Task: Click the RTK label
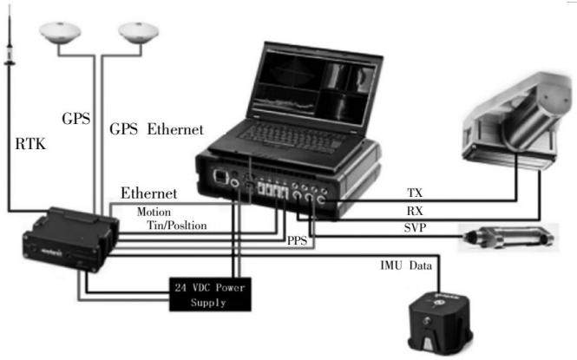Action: click(x=30, y=144)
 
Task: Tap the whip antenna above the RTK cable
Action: click(x=10, y=36)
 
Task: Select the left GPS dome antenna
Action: click(x=60, y=33)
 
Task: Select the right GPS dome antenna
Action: click(x=138, y=33)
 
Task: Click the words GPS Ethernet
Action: click(x=156, y=129)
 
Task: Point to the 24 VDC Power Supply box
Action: click(x=210, y=295)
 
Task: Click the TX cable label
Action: click(x=415, y=193)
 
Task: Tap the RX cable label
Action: click(x=415, y=211)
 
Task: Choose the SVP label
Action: click(x=415, y=228)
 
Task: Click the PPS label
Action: click(x=297, y=241)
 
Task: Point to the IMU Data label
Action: click(x=406, y=265)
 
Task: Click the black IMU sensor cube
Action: click(x=440, y=323)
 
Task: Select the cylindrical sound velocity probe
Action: click(x=508, y=237)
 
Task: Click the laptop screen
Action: click(x=316, y=87)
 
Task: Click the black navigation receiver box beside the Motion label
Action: click(x=70, y=239)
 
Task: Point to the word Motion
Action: click(x=154, y=213)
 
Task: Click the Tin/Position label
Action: click(x=177, y=225)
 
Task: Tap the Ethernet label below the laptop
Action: click(x=149, y=193)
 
